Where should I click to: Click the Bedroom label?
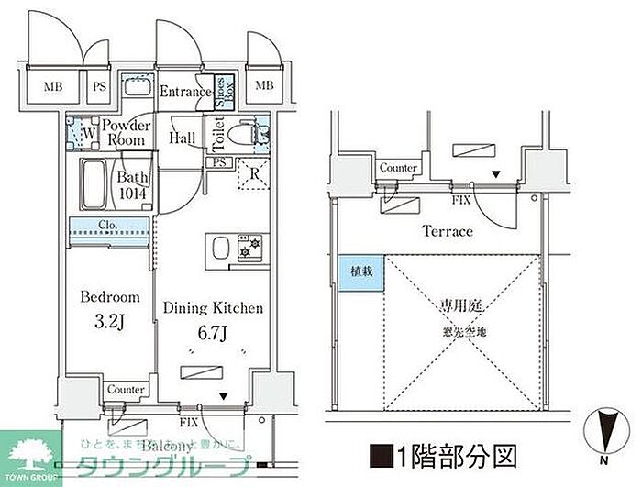click(x=109, y=297)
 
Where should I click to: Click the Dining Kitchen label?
click(x=213, y=308)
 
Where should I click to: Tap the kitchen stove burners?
click(x=249, y=249)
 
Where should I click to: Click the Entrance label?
click(x=186, y=92)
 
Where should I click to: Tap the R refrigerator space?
click(x=253, y=172)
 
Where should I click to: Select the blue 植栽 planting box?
click(x=360, y=272)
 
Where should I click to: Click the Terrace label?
click(x=447, y=231)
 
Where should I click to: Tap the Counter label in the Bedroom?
click(x=125, y=390)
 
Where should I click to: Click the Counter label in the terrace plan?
click(x=398, y=169)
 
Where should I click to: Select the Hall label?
click(x=182, y=138)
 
